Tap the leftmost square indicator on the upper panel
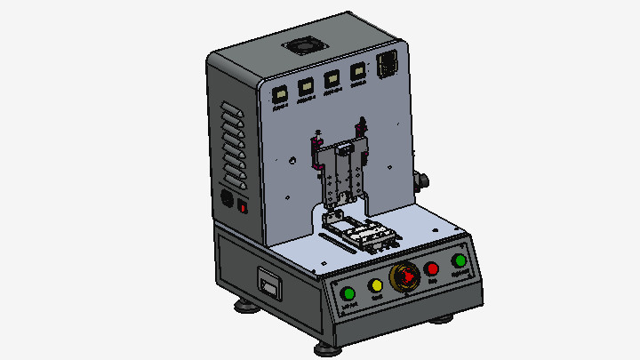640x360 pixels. point(280,93)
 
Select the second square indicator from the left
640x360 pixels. point(307,87)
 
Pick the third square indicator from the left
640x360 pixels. point(333,79)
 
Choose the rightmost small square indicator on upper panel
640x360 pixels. point(359,73)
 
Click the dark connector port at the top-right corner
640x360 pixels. point(388,65)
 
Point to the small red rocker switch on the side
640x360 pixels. point(243,207)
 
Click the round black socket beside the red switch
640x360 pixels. point(227,200)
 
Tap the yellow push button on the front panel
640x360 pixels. point(376,285)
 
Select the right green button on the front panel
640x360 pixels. point(460,260)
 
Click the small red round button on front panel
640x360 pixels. point(432,268)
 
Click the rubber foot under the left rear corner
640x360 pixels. point(243,308)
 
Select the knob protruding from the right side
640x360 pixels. point(422,180)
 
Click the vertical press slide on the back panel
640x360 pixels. point(341,173)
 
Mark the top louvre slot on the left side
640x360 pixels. point(231,108)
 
